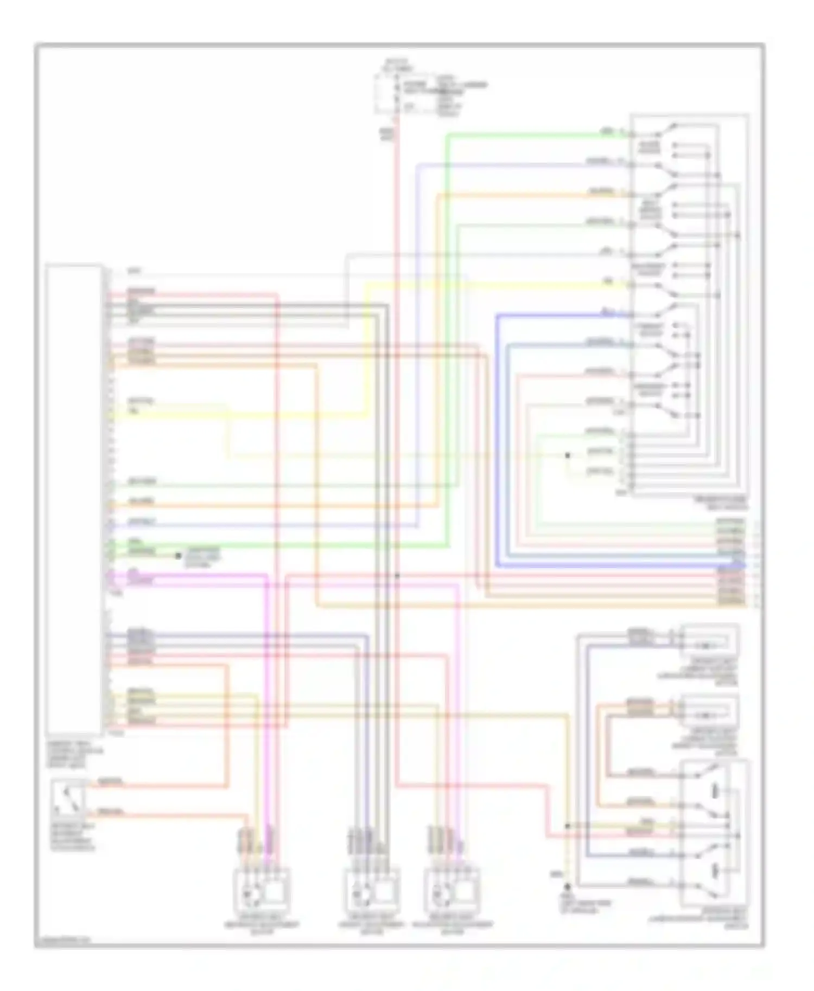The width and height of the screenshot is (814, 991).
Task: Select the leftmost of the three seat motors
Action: pos(262,891)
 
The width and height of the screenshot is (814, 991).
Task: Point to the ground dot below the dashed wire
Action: pos(568,887)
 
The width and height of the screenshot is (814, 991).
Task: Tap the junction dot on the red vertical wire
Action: pos(397,576)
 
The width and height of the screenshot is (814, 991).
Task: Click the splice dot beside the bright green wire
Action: pos(177,556)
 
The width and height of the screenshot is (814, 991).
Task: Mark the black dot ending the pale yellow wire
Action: pos(568,455)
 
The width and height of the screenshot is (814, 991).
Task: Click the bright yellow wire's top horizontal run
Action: pos(488,284)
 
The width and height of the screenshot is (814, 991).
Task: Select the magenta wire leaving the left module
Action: pos(190,576)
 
